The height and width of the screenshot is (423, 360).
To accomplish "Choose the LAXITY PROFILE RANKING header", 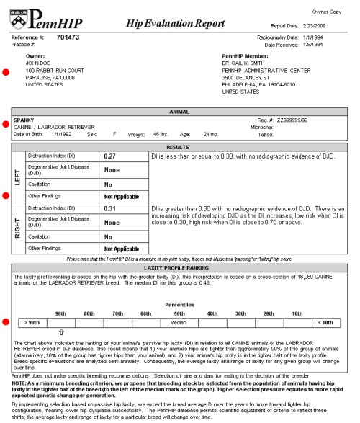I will click(x=180, y=267).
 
